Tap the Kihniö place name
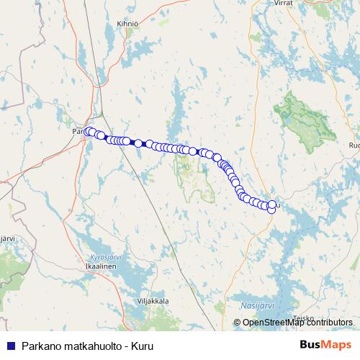(x=127, y=24)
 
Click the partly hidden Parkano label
(x=78, y=132)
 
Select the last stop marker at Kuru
(x=271, y=208)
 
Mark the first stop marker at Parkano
(x=89, y=132)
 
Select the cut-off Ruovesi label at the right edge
(x=354, y=145)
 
